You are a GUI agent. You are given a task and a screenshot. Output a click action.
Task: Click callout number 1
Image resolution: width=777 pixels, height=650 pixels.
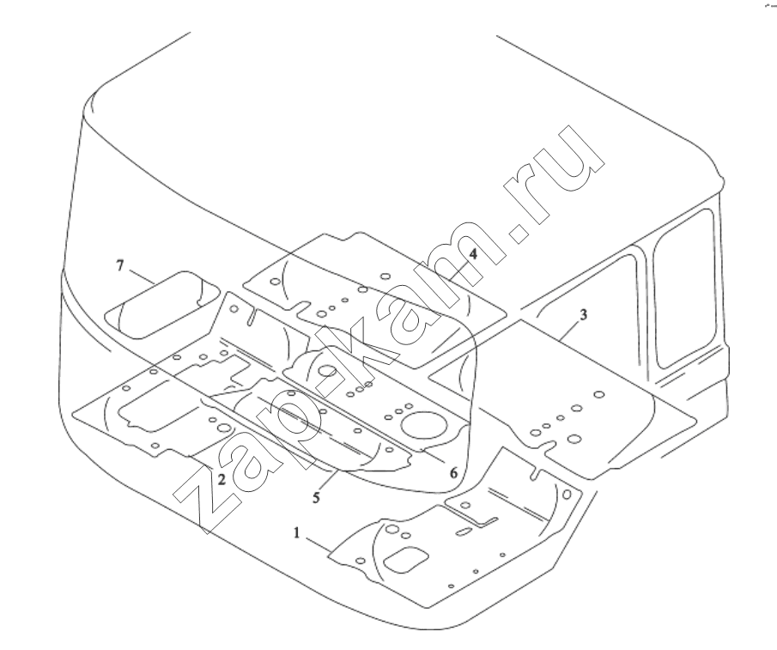pyautogui.click(x=297, y=533)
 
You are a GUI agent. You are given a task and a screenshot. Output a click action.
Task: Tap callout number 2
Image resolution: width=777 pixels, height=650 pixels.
pyautogui.click(x=222, y=479)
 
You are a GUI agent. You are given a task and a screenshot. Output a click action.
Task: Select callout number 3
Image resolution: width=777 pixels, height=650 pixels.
pyautogui.click(x=583, y=314)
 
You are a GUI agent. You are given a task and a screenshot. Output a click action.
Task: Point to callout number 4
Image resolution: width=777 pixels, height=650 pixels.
pyautogui.click(x=473, y=254)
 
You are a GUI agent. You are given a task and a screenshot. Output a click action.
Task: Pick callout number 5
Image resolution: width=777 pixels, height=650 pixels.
pyautogui.click(x=317, y=497)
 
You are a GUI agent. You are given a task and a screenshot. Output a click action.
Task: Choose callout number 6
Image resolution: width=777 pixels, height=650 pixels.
pyautogui.click(x=454, y=473)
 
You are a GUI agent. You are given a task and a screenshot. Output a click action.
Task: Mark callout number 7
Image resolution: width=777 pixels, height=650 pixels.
pyautogui.click(x=120, y=266)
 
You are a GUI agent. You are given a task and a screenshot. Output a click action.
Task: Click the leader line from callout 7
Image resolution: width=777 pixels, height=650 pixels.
pyautogui.click(x=143, y=277)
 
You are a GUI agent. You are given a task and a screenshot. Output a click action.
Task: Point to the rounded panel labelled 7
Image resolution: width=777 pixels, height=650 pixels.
pyautogui.click(x=162, y=305)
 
